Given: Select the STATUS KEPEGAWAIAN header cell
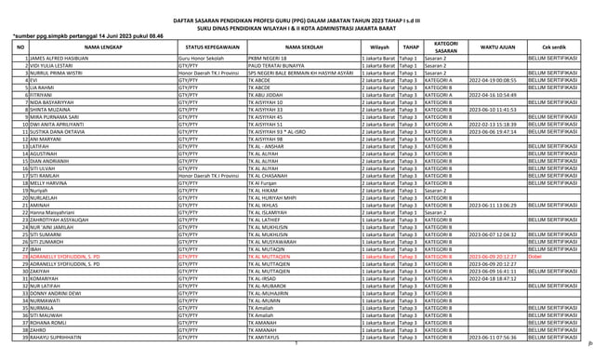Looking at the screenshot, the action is [212, 45].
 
